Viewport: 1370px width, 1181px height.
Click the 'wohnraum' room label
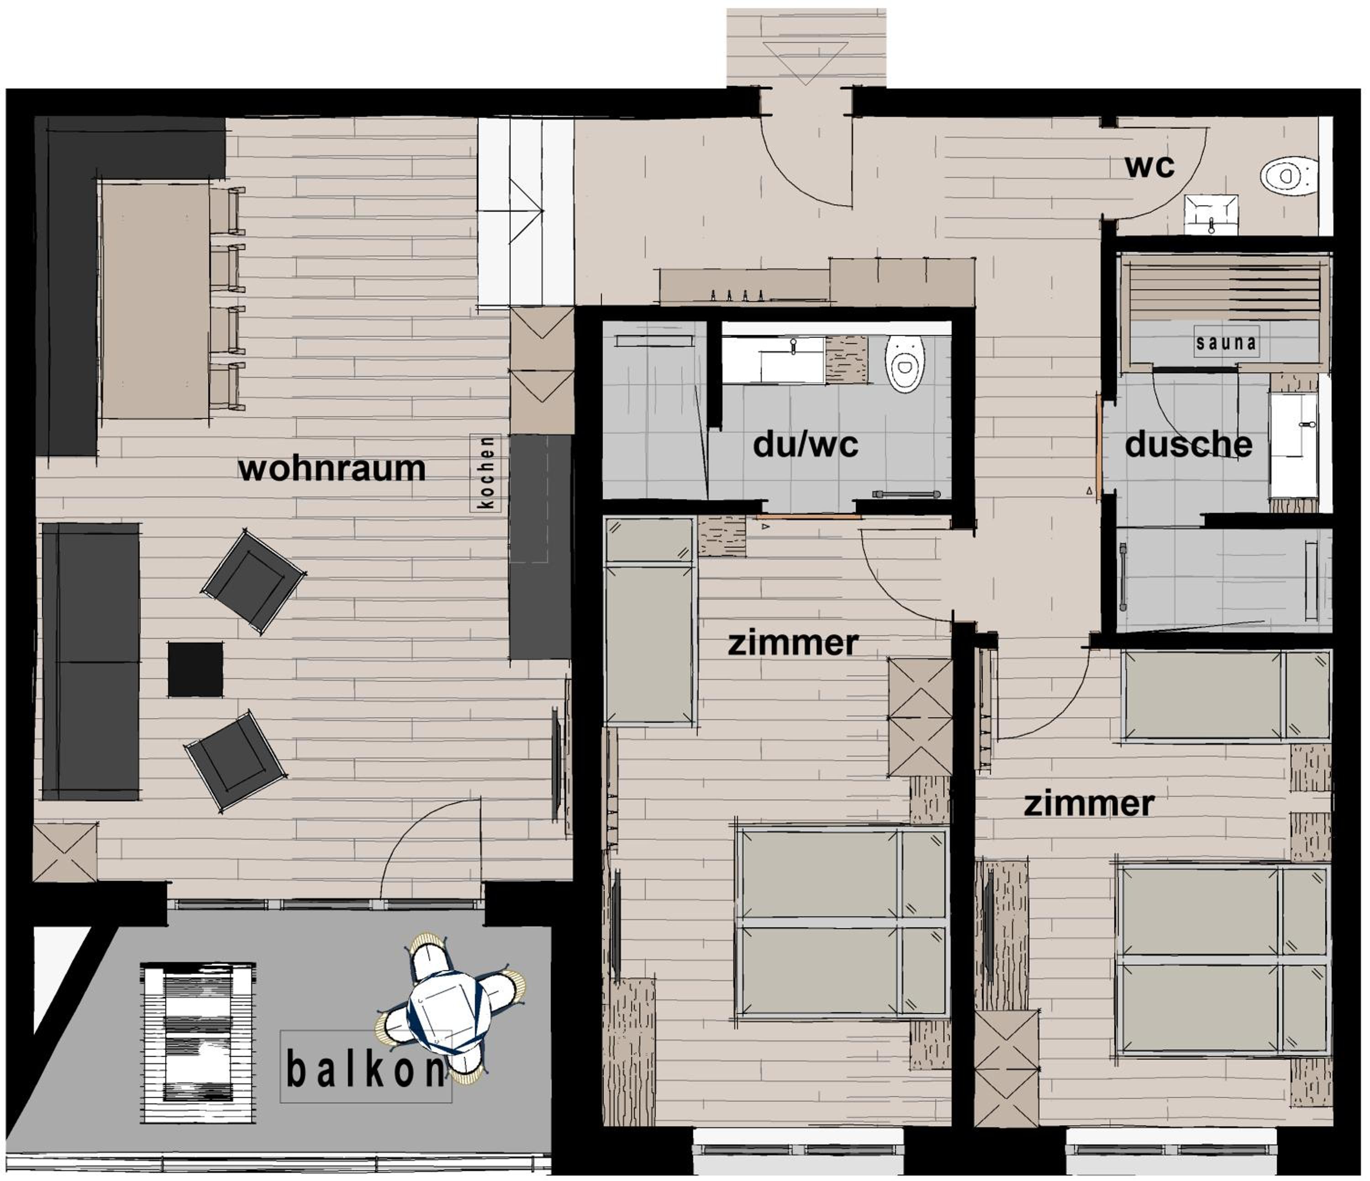(332, 469)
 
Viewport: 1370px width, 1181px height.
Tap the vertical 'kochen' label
(485, 472)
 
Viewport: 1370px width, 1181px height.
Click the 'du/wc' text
(806, 445)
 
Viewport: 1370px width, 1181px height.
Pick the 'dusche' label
(1188, 445)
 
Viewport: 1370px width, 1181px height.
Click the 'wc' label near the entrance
(1150, 167)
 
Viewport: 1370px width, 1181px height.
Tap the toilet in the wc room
(1288, 176)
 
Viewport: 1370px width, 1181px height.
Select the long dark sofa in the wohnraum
(90, 662)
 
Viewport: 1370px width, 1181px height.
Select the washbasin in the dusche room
(1293, 445)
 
